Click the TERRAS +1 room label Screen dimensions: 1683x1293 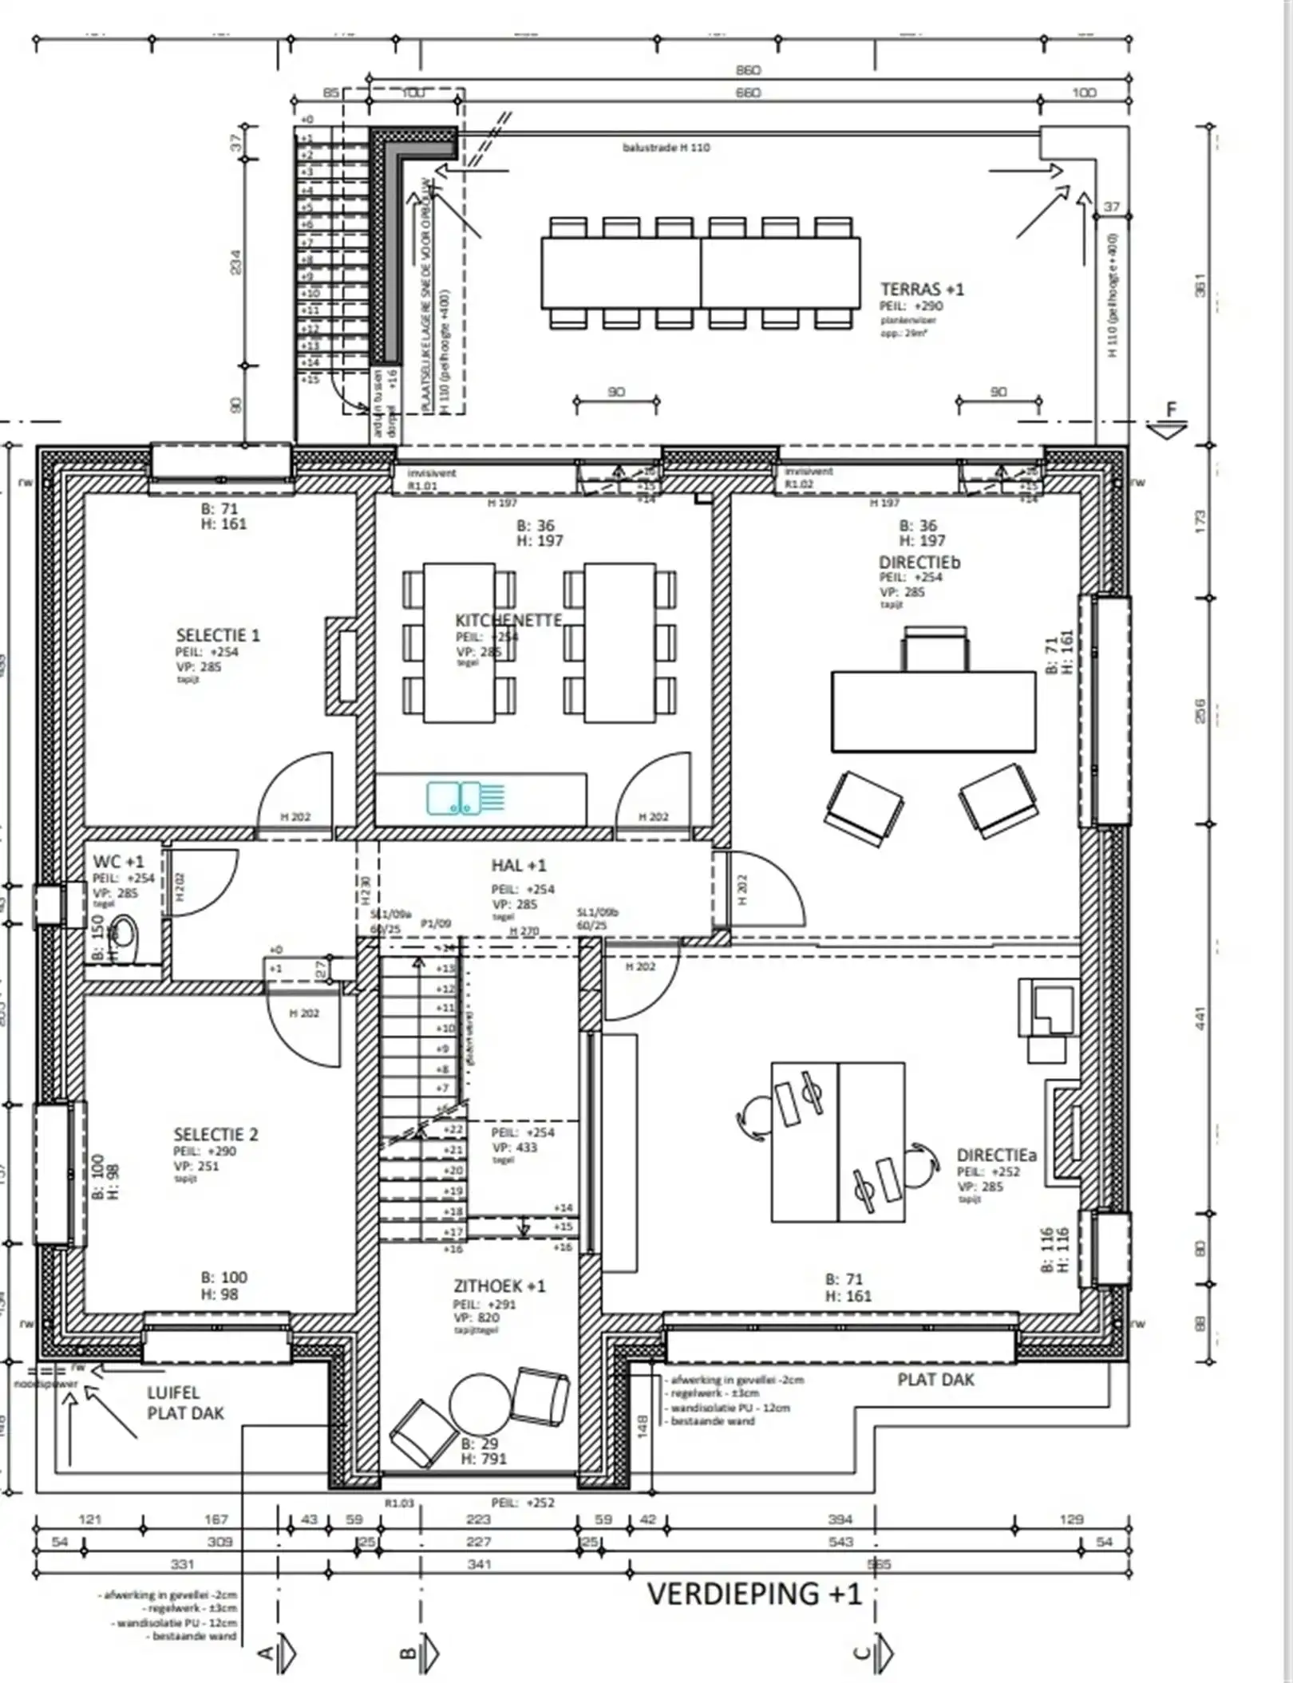pyautogui.click(x=922, y=290)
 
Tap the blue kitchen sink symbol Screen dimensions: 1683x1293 pyautogui.click(x=453, y=798)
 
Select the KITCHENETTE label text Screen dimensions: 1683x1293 pyautogui.click(x=508, y=620)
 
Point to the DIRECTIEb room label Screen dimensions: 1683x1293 pyautogui.click(x=919, y=563)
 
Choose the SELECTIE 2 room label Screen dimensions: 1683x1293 pyautogui.click(x=215, y=1135)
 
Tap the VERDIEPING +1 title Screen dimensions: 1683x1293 pyautogui.click(x=754, y=1594)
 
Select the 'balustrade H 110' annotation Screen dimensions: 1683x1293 pyautogui.click(x=666, y=148)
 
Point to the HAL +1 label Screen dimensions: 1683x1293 pyautogui.click(x=519, y=866)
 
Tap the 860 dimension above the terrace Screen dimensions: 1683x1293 pyautogui.click(x=748, y=70)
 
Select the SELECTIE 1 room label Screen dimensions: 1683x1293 pyautogui.click(x=218, y=636)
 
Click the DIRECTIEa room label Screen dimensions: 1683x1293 pyautogui.click(x=996, y=1156)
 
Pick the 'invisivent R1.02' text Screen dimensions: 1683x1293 pyautogui.click(x=808, y=477)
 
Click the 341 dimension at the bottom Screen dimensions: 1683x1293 pyautogui.click(x=479, y=1564)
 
